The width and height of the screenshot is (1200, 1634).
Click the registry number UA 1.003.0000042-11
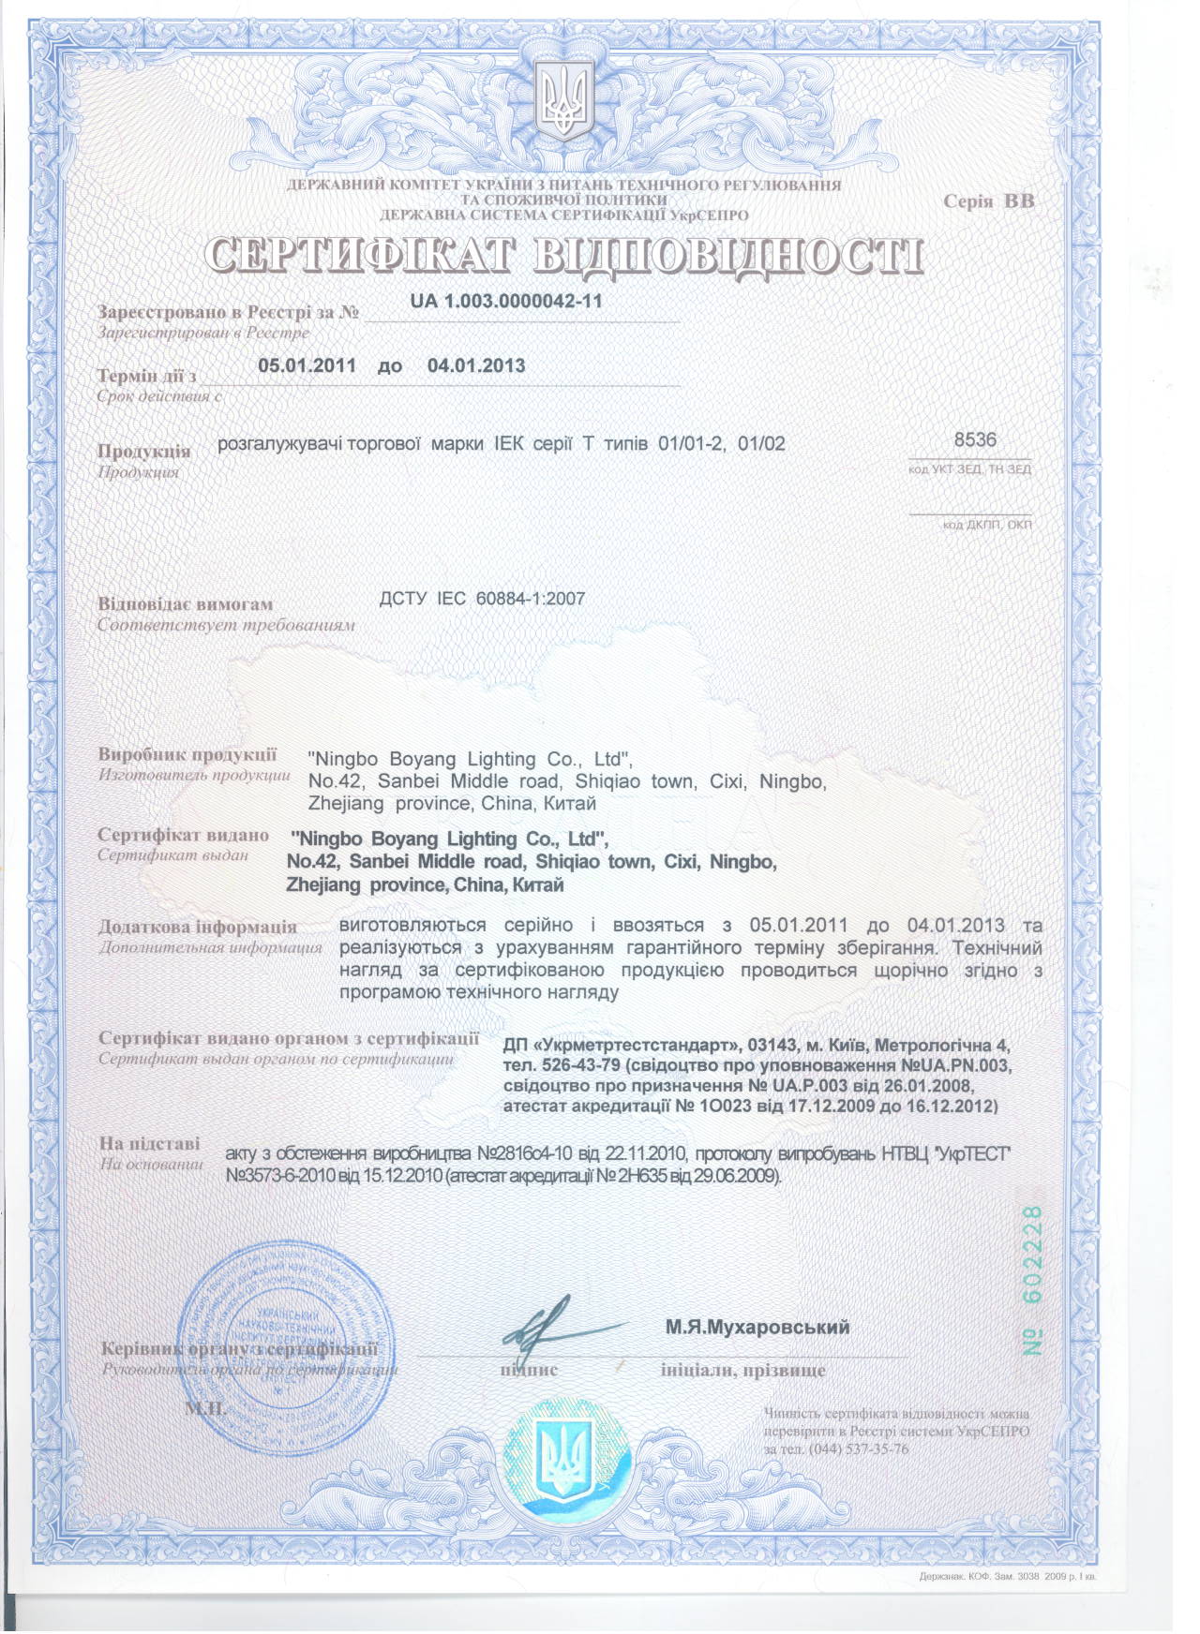(506, 302)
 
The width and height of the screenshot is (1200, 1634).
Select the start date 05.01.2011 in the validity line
(307, 365)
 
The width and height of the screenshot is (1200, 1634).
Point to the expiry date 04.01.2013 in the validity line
(476, 365)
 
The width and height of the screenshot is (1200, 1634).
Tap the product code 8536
(975, 440)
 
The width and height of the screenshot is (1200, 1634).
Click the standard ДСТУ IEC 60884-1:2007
(482, 599)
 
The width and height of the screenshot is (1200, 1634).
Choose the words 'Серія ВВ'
(989, 201)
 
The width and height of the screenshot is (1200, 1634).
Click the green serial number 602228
(1032, 1255)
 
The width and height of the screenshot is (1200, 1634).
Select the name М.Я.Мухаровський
(757, 1327)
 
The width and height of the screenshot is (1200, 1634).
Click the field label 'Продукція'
(143, 451)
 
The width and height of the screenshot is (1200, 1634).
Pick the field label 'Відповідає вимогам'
(185, 604)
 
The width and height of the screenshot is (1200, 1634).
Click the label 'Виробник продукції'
(187, 754)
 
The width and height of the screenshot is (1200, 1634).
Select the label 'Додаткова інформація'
(197, 927)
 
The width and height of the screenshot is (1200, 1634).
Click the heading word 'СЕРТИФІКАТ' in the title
(360, 257)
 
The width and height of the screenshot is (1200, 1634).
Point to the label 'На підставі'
(149, 1143)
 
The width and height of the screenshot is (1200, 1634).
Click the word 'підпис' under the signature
(529, 1371)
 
